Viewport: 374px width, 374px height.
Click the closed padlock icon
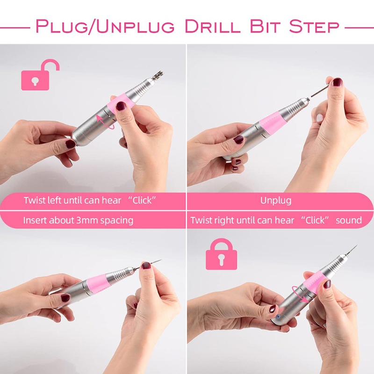[x=221, y=255]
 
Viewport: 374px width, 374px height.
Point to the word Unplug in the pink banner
[x=276, y=201]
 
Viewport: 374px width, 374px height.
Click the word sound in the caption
[x=349, y=220]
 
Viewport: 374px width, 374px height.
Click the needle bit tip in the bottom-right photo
[x=357, y=245]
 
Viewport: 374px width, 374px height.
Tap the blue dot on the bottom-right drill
[x=278, y=316]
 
